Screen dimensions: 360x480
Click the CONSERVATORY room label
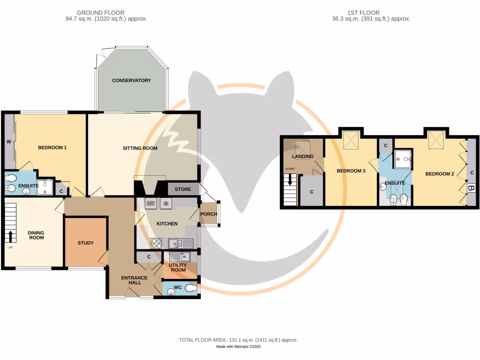(131, 80)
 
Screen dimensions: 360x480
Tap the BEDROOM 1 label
(52, 148)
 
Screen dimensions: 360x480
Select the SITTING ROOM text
(140, 148)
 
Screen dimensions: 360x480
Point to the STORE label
(183, 190)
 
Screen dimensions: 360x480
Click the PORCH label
(208, 214)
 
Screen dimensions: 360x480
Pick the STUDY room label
(85, 243)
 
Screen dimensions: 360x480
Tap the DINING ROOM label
(36, 235)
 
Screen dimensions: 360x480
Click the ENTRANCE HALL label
(135, 281)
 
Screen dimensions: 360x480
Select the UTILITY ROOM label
(178, 267)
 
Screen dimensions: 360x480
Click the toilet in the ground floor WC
(191, 288)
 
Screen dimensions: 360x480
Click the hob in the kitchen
(156, 243)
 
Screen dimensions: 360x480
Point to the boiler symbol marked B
(472, 188)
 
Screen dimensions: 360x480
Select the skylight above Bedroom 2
(437, 138)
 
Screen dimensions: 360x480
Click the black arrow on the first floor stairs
(291, 180)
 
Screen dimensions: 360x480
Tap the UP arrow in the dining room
(10, 236)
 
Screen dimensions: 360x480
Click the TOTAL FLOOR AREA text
(238, 340)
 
